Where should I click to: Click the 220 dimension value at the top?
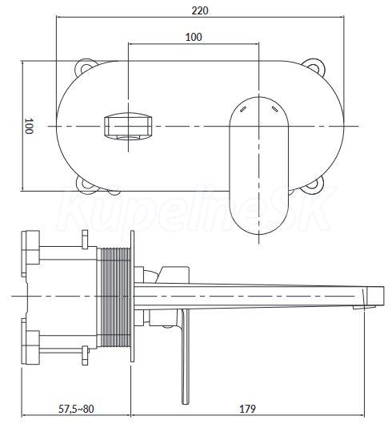point(200,10)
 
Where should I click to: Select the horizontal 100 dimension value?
point(194,37)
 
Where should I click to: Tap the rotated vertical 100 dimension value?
point(28,126)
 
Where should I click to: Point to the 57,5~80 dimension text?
point(76,409)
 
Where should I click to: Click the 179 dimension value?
point(247,409)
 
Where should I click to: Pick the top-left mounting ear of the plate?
point(86,66)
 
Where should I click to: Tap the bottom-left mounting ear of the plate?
point(86,185)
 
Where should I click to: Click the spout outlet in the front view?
point(128,127)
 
